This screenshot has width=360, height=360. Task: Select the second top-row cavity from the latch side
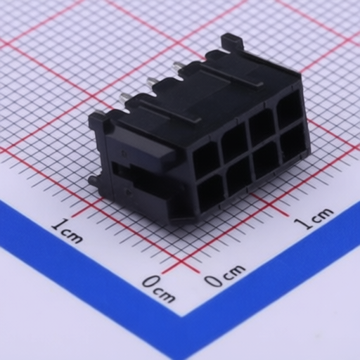(235, 142)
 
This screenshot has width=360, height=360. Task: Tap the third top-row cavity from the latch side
(262, 127)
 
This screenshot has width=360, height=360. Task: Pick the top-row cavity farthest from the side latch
(288, 109)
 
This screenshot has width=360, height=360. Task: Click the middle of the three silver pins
(150, 82)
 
